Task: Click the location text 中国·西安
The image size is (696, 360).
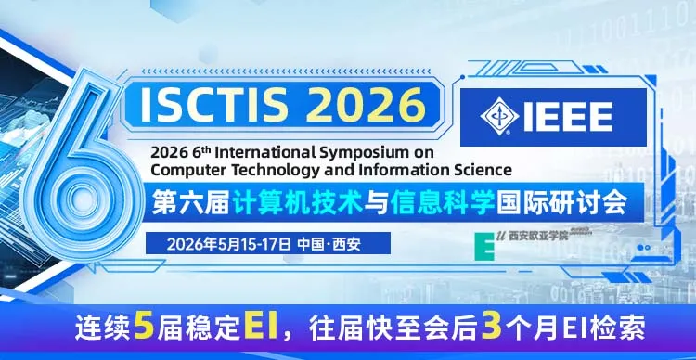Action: point(329,244)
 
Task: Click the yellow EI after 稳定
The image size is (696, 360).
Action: point(263,326)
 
